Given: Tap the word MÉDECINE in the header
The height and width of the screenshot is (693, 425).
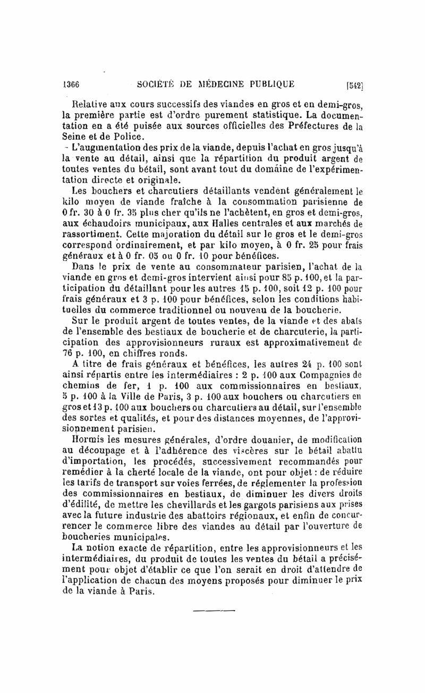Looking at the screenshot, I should [x=216, y=84].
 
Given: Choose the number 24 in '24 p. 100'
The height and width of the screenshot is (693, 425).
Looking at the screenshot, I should [x=306, y=364].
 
